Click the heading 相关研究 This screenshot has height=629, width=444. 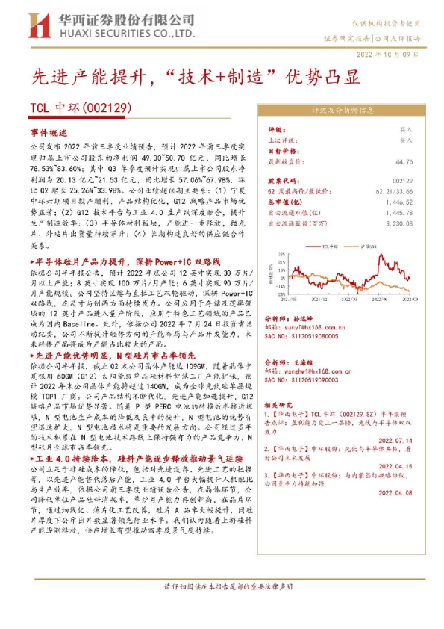[x=280, y=404]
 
